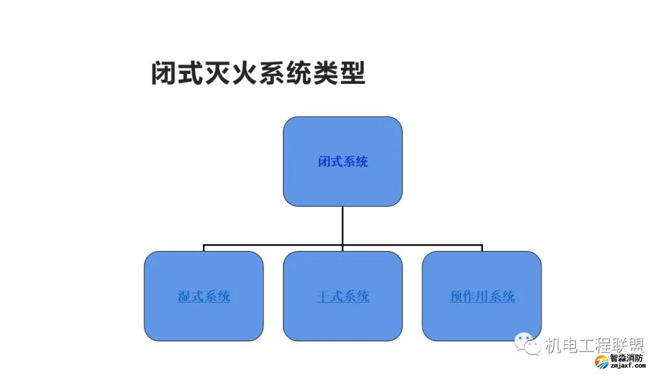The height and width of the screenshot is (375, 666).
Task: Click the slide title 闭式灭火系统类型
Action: [x=258, y=72]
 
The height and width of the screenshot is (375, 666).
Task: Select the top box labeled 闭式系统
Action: [x=342, y=185]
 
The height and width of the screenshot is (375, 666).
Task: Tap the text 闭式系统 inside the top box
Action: [x=343, y=162]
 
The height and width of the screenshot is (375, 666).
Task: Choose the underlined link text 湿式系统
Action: [x=204, y=297]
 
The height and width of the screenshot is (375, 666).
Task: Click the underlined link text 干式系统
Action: [x=343, y=297]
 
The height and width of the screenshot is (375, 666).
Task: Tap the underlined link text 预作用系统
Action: [x=482, y=297]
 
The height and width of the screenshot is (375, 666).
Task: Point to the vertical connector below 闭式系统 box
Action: [x=343, y=225]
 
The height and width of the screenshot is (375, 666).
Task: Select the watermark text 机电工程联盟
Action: [x=594, y=346]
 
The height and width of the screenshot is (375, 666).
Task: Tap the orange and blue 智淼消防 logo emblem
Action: [x=601, y=361]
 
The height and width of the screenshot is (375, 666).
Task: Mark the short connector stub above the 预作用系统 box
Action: [x=482, y=249]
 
